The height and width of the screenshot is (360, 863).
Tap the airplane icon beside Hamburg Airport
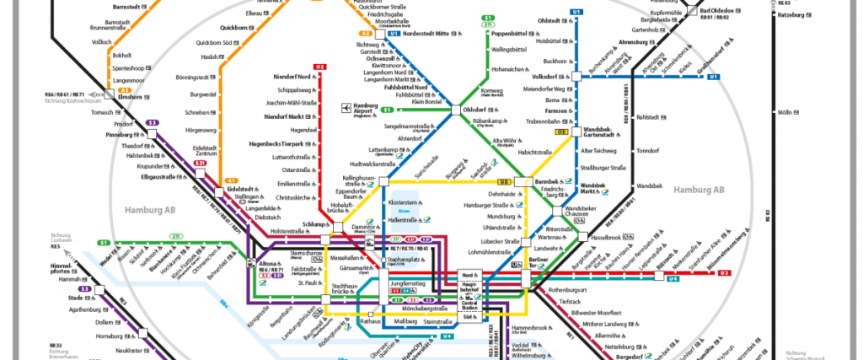coord(346,108)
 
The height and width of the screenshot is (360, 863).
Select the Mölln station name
coord(785,113)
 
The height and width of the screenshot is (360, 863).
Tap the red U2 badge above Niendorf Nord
coord(319,67)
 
